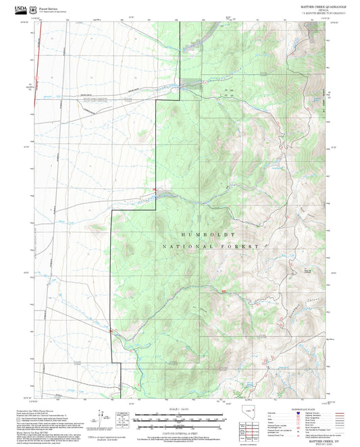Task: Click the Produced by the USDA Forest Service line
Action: pos(41,409)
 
